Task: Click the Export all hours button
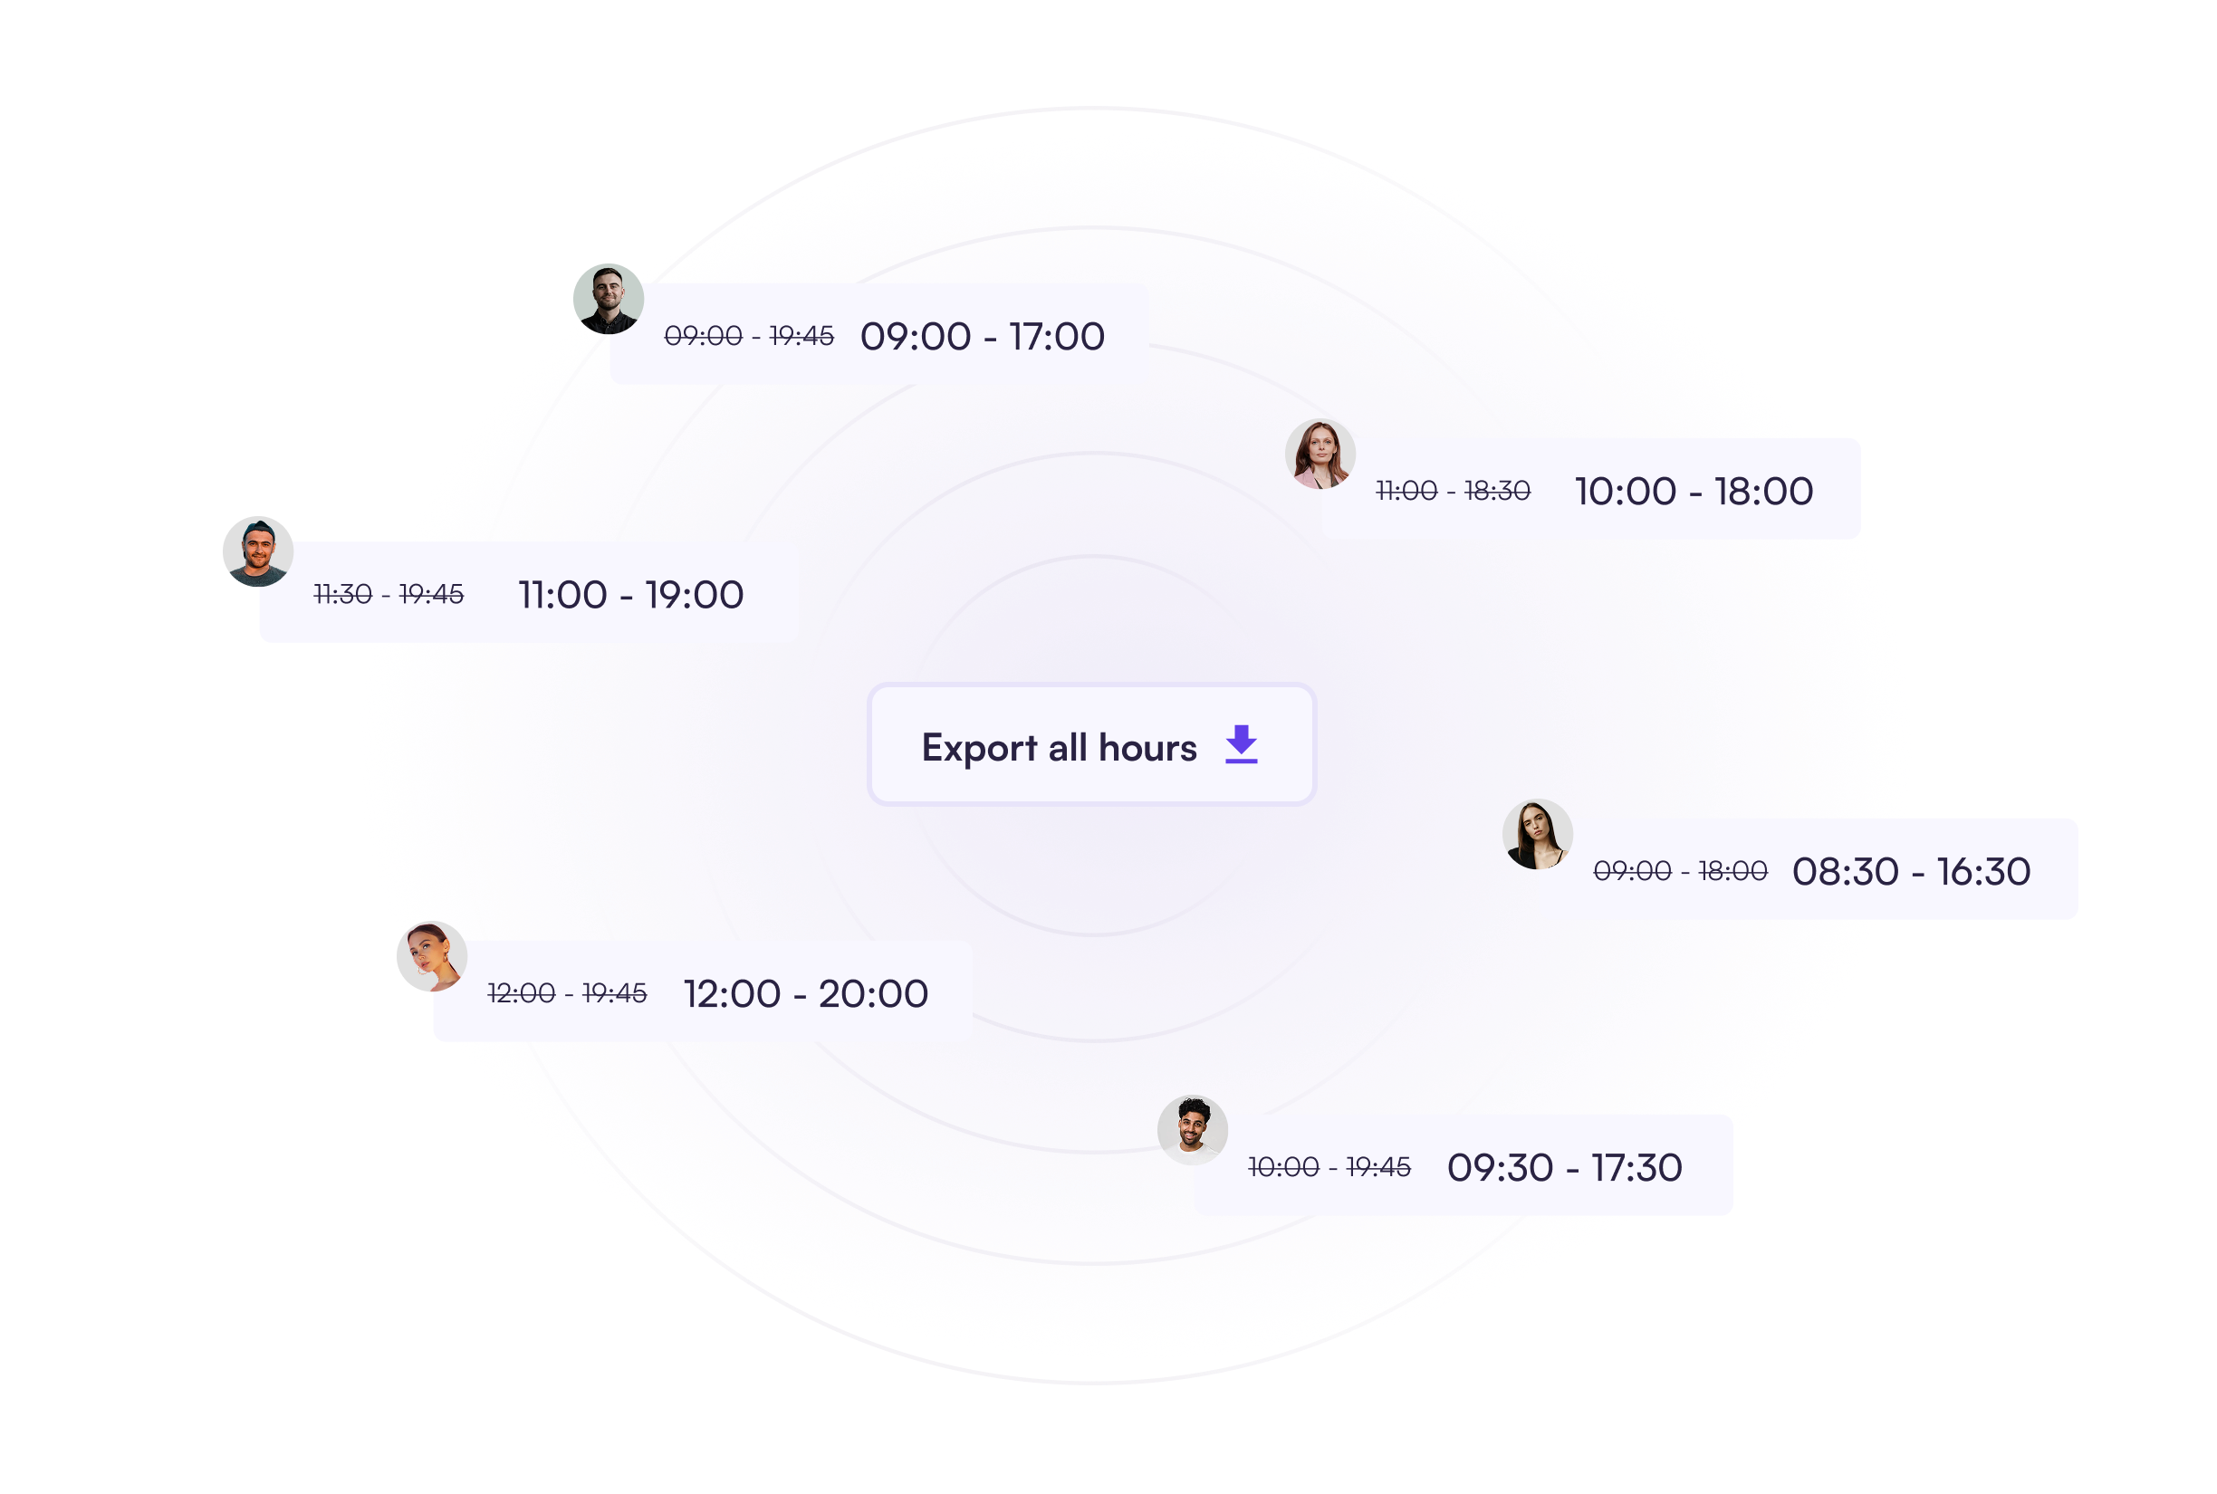coord(1091,745)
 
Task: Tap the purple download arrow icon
coord(1241,744)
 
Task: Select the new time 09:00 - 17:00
coord(983,336)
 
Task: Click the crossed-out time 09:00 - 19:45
coord(749,336)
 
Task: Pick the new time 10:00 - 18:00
coord(1693,492)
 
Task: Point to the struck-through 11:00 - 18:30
coord(1453,492)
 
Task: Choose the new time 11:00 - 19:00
coord(630,595)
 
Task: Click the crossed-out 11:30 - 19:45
coord(389,595)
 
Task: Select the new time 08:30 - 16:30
coord(1910,871)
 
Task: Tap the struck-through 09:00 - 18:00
coord(1680,871)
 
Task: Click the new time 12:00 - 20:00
coord(806,994)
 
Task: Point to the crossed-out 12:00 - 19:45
coord(567,994)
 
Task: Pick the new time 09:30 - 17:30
coord(1564,1167)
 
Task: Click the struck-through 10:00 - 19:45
coord(1329,1167)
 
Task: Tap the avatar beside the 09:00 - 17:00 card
coord(608,299)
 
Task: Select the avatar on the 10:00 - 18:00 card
coord(1320,454)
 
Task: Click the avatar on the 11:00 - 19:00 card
coord(257,551)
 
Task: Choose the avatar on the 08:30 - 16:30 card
coord(1537,834)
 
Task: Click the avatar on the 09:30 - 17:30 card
coord(1192,1130)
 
